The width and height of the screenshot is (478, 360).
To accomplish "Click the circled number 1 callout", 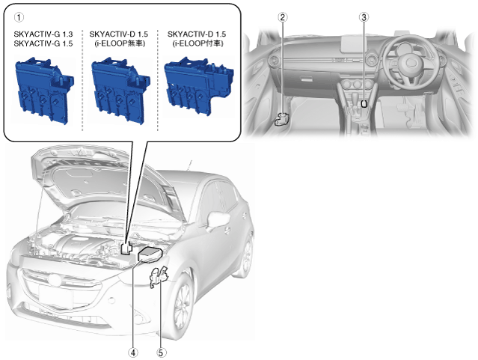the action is tap(19, 17).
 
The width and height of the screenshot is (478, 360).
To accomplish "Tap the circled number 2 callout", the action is tap(283, 17).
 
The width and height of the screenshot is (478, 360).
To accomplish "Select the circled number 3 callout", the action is tap(364, 17).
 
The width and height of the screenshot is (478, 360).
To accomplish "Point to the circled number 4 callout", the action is tap(133, 353).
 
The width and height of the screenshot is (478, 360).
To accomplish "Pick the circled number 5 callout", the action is tap(162, 353).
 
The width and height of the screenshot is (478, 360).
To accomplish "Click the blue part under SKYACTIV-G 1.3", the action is tap(44, 91).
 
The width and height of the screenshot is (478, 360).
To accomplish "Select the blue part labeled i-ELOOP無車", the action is tap(120, 91).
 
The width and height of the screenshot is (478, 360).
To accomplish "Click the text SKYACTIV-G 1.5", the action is tap(43, 43).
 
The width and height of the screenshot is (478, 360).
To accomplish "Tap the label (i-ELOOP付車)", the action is tap(197, 43).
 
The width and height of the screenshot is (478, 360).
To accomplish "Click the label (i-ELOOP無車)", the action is tap(120, 43).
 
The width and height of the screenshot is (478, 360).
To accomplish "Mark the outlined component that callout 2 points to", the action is tap(282, 119).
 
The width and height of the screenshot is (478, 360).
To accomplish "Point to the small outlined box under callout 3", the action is tap(364, 104).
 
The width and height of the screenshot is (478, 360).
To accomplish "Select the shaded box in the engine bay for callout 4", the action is tap(150, 254).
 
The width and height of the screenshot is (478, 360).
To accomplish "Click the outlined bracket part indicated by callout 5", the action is tap(159, 276).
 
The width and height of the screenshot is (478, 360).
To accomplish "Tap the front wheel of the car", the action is tap(183, 305).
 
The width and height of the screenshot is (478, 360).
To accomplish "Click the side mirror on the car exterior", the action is tap(218, 220).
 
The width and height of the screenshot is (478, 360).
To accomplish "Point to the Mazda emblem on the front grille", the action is tap(55, 280).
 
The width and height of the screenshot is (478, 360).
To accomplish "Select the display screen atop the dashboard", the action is tap(357, 44).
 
